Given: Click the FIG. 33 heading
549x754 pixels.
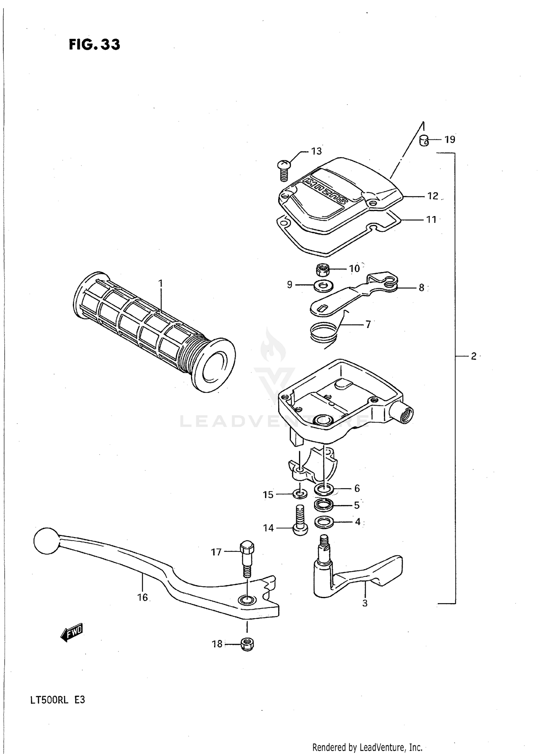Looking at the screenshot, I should pos(94,45).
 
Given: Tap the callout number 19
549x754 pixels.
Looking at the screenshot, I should pos(450,140).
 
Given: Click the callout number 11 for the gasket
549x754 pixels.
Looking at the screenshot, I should pos(432,219).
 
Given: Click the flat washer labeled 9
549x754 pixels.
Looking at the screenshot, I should pos(322,285).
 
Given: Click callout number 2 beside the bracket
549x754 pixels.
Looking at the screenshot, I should pos(473,356).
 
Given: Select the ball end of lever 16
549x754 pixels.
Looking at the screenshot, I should pos(46,541).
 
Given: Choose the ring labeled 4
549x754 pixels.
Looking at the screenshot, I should pos(324,522).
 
